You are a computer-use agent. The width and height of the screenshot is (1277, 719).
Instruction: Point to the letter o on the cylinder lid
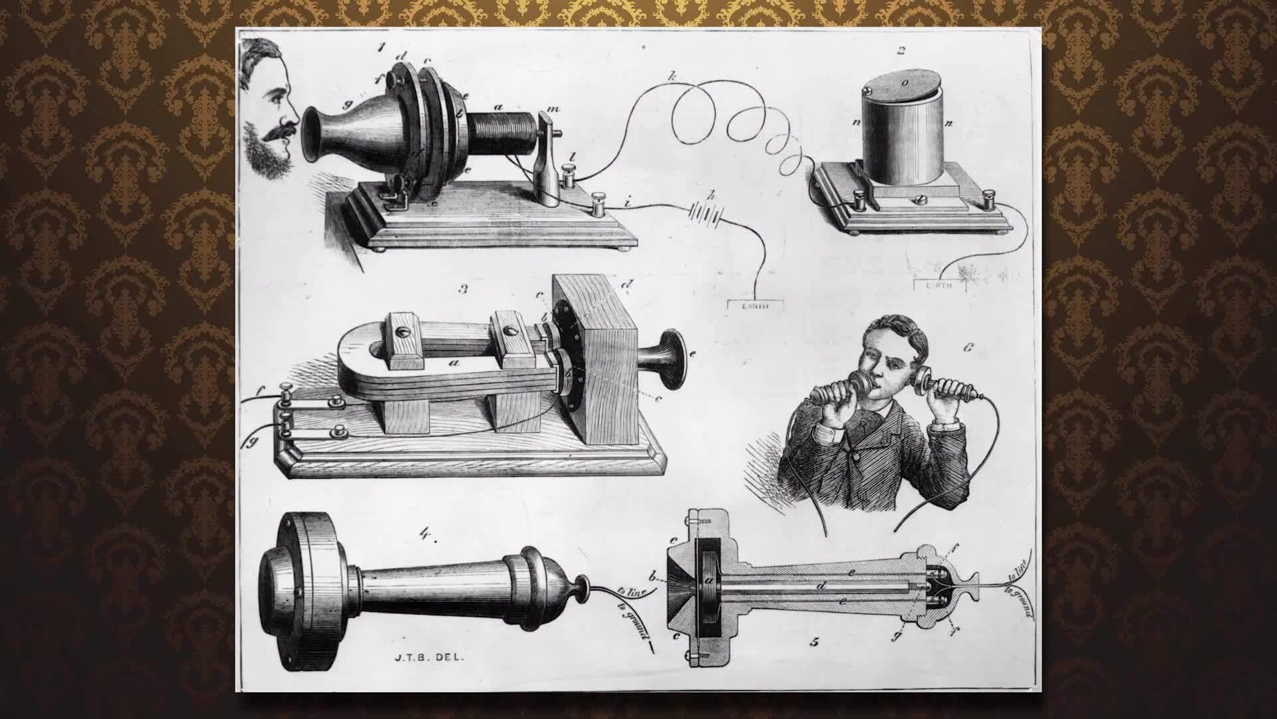[904, 83]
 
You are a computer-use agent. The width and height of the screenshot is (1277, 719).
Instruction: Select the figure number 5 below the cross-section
[814, 642]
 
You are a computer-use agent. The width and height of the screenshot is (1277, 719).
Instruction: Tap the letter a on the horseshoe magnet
[454, 363]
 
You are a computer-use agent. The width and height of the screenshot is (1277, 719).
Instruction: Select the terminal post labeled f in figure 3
[285, 397]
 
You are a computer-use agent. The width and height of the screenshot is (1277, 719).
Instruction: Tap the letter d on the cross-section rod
[822, 586]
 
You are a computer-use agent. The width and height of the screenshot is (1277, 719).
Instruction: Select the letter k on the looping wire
[672, 78]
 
